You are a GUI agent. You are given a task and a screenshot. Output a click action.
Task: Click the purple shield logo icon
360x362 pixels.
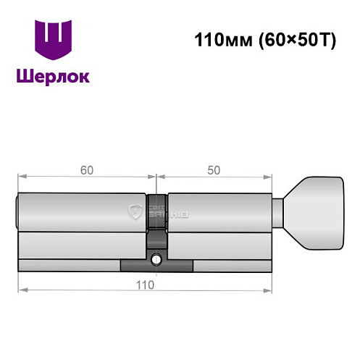point(54,41)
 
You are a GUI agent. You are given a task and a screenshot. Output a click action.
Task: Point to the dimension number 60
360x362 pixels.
point(86,170)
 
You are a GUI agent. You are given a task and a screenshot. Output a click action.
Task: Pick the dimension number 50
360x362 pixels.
point(214,170)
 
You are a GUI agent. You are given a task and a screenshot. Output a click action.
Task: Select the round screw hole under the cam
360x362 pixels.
point(156,258)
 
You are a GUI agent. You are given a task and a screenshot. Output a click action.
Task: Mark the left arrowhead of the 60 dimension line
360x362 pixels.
point(22,176)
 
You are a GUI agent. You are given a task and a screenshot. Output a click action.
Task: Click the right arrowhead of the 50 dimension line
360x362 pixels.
point(267,176)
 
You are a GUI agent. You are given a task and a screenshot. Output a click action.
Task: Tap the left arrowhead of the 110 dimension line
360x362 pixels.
point(22,290)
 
